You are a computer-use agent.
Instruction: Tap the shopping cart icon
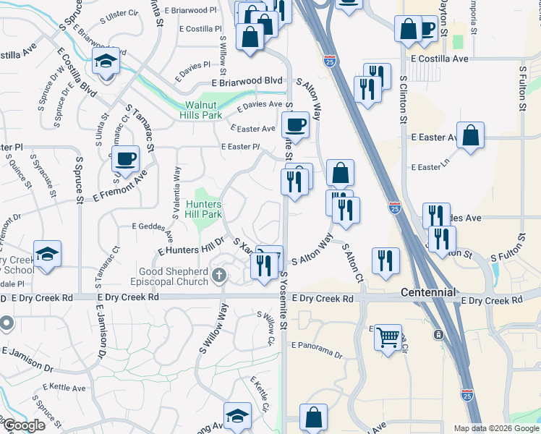pyautogui.click(x=388, y=336)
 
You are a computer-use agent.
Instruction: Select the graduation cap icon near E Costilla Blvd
pyautogui.click(x=106, y=60)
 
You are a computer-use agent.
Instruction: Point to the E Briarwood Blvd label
pyautogui.click(x=252, y=82)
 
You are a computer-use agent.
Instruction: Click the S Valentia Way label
pyautogui.click(x=176, y=192)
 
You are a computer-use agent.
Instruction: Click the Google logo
pyautogui.click(x=23, y=425)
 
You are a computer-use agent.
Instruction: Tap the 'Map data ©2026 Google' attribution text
pyautogui.click(x=497, y=428)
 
